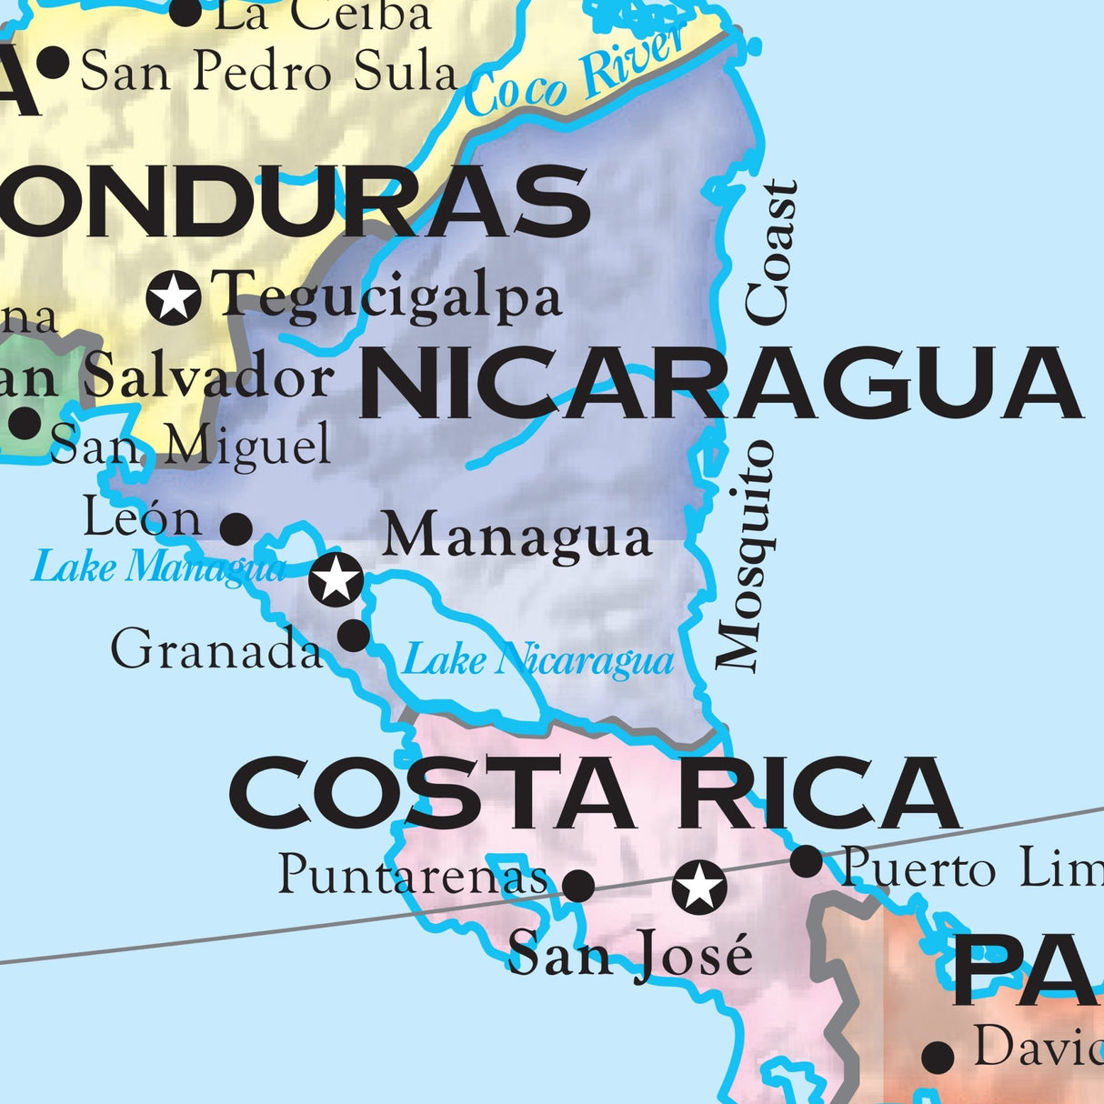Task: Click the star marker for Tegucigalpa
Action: point(174,296)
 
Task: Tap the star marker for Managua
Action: point(336,578)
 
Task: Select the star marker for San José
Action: point(699,887)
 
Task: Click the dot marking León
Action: point(236,527)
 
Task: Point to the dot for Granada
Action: point(354,635)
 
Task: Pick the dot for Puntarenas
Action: point(578,884)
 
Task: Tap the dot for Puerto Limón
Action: point(806,861)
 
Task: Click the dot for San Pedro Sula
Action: point(55,63)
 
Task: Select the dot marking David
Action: point(938,1057)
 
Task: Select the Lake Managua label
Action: point(158,568)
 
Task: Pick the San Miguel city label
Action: point(191,446)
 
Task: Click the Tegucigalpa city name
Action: point(386,296)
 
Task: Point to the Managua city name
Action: point(517,536)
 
